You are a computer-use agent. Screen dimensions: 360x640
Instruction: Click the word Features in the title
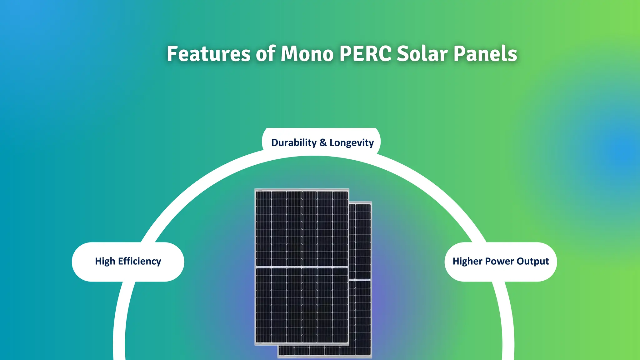(x=208, y=54)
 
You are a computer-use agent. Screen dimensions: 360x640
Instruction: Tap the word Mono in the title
(x=307, y=54)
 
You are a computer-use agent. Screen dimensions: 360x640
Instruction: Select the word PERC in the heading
(x=365, y=54)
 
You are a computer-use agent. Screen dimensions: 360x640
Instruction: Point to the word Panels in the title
(x=485, y=54)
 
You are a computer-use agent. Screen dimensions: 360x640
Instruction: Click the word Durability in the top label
(x=294, y=142)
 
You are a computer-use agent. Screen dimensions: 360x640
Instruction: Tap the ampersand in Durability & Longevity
(x=323, y=142)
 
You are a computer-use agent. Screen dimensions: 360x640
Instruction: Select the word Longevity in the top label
(x=352, y=143)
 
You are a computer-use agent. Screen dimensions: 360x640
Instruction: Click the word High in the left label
(x=105, y=261)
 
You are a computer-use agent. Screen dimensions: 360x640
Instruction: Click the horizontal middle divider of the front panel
(x=302, y=267)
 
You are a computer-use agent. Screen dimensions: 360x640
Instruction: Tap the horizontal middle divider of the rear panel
(x=360, y=280)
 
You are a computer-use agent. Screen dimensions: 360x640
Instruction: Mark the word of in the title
(x=265, y=54)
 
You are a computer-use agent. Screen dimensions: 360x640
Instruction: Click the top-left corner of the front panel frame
(x=255, y=189)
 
